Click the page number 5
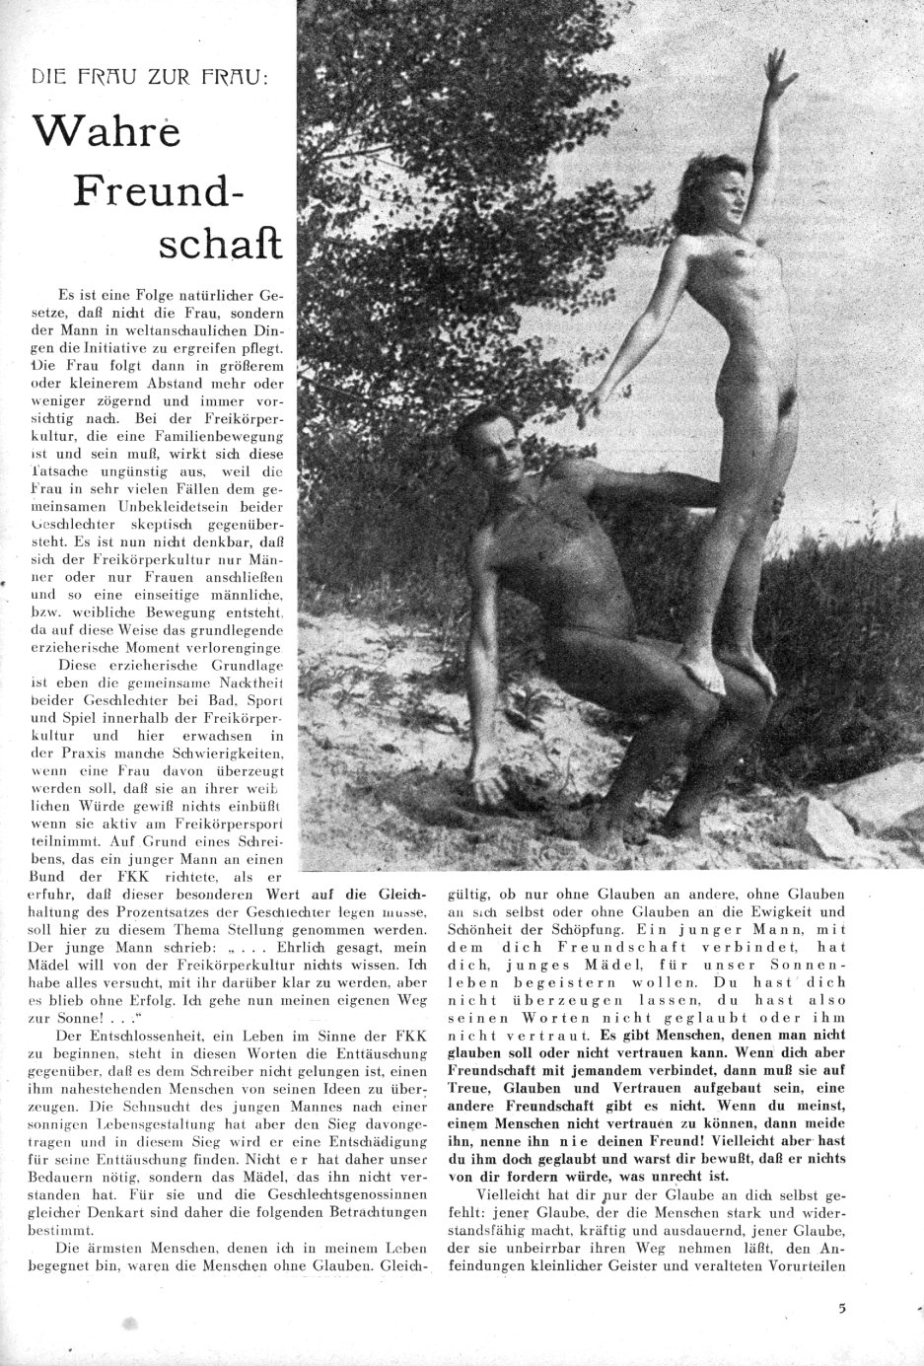click(841, 1309)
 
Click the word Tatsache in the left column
click(64, 472)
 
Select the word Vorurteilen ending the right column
click(811, 1266)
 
